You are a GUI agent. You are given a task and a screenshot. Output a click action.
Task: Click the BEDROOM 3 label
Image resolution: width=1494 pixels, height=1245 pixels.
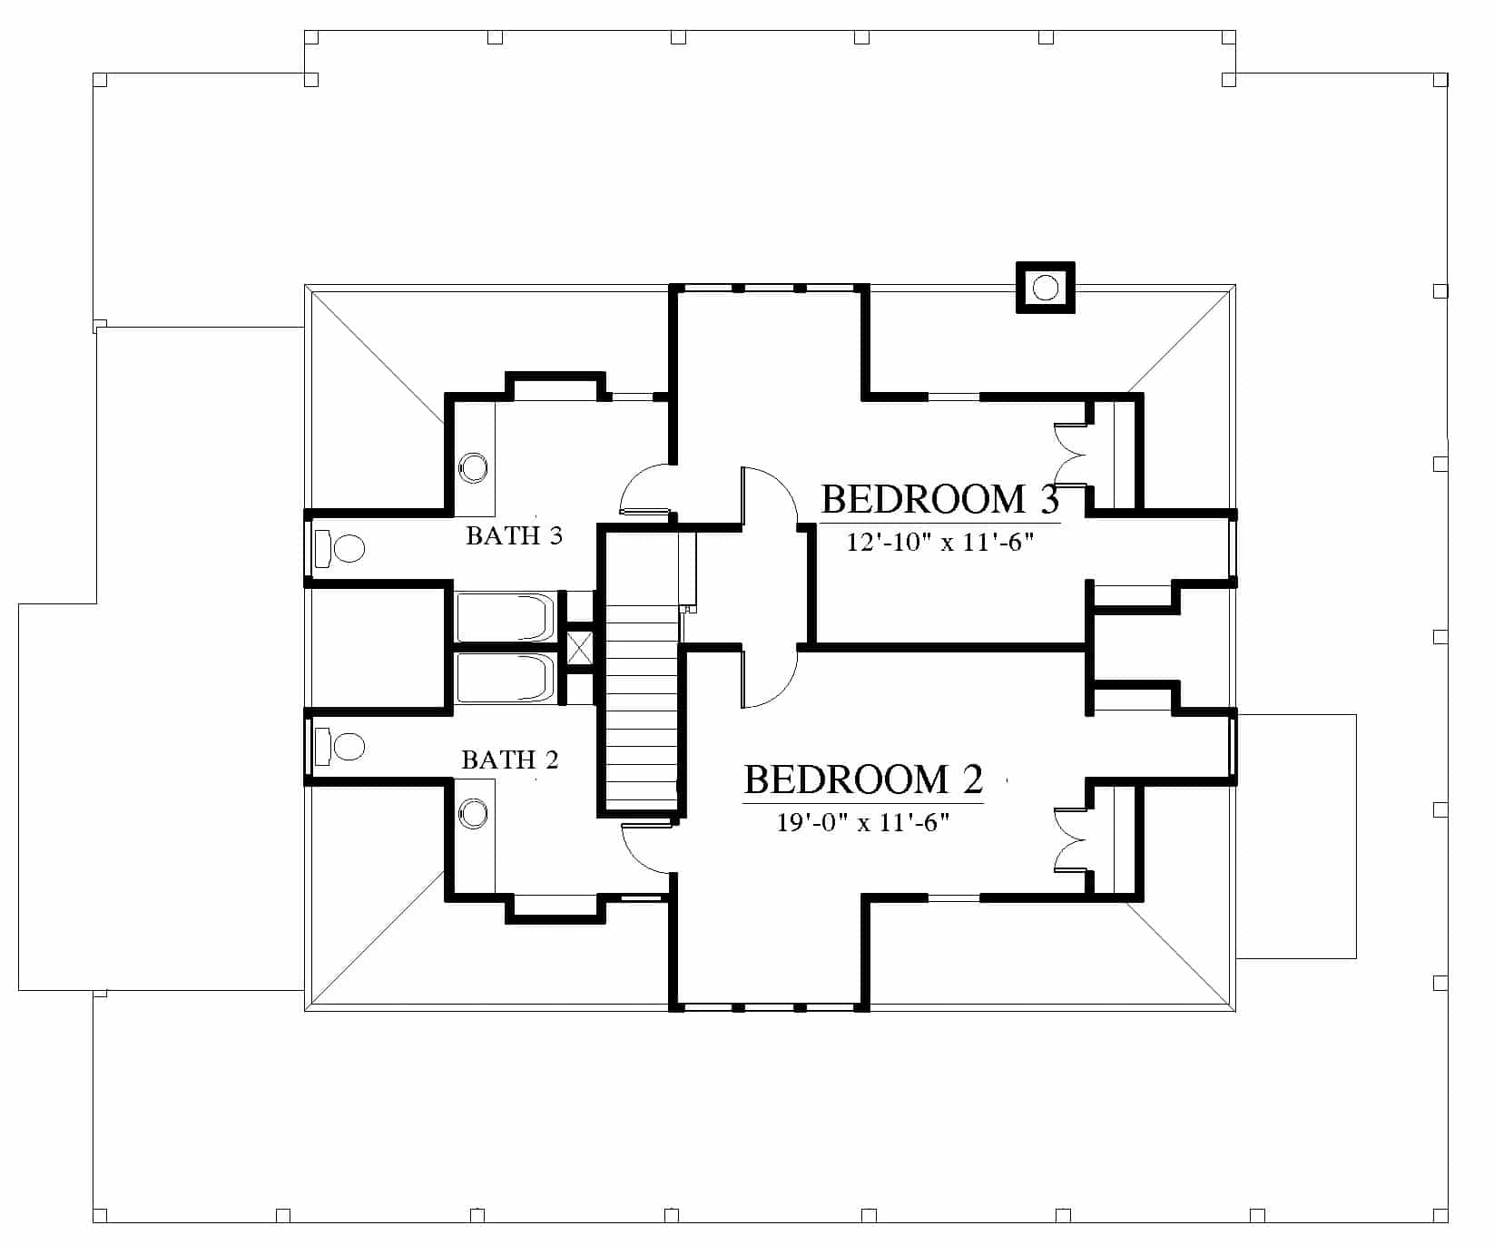click(940, 500)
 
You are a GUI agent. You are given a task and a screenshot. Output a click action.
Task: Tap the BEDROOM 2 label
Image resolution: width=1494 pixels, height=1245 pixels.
click(863, 779)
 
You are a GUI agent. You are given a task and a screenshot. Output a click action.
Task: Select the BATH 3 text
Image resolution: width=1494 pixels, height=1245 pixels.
click(514, 535)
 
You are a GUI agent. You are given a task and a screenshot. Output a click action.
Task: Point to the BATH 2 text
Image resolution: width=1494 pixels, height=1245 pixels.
click(509, 760)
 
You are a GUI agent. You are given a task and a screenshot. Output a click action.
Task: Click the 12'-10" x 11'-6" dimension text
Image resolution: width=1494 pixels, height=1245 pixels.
click(940, 543)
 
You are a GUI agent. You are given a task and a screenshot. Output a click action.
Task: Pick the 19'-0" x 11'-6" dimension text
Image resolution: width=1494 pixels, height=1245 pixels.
click(863, 822)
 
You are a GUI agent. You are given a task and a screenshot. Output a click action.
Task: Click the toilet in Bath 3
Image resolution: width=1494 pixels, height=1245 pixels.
click(339, 548)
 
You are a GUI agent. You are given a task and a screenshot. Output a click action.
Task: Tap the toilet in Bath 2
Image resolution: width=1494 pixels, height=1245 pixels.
click(339, 746)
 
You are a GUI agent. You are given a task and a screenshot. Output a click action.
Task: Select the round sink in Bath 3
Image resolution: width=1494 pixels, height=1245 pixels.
click(474, 468)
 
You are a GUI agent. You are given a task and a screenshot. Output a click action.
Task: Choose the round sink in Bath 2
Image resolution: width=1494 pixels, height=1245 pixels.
click(474, 813)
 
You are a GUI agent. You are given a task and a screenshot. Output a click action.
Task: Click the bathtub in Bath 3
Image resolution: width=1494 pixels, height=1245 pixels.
click(506, 617)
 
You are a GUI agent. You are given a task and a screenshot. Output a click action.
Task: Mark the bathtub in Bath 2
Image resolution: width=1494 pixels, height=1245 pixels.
click(506, 677)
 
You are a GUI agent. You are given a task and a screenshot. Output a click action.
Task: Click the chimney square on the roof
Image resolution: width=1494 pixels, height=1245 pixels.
click(1045, 288)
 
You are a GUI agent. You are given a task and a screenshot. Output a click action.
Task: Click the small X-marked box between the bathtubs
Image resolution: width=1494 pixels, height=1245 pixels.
click(579, 648)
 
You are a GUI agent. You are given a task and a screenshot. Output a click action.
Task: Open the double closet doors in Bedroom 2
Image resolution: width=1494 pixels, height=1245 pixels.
click(1070, 839)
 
